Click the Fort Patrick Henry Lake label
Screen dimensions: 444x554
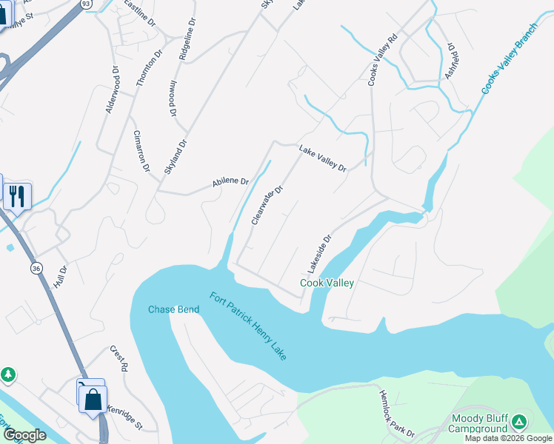tap(248, 326)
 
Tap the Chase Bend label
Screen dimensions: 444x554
tap(173, 309)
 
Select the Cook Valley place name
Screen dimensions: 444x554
tap(327, 283)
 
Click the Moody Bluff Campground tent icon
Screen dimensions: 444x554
tap(520, 422)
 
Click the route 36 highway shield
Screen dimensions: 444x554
tap(36, 268)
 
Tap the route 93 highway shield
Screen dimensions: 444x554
tap(87, 4)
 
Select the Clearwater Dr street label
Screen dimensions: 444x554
tap(267, 205)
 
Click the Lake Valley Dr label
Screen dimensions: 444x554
tap(322, 159)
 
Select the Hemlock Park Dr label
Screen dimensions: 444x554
tap(396, 413)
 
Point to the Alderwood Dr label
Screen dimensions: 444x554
tap(113, 90)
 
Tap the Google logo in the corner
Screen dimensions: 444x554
tap(24, 436)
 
